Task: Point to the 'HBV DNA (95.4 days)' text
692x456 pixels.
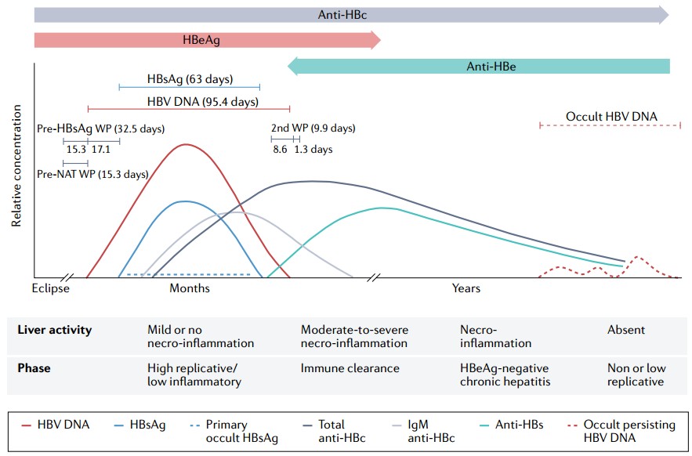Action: [x=203, y=101]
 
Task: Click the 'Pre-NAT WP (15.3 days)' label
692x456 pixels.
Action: [x=92, y=174]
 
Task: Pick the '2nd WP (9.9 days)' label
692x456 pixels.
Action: [x=313, y=128]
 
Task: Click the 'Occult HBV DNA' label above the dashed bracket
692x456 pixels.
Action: [x=611, y=117]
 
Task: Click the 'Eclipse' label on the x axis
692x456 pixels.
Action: [x=51, y=288]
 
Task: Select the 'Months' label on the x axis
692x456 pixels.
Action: [x=190, y=288]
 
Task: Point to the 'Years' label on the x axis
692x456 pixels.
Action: [x=466, y=288]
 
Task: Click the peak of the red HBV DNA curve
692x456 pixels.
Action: [x=185, y=145]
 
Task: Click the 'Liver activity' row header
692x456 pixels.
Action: [x=54, y=330]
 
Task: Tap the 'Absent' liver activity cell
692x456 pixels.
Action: [x=625, y=330]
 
